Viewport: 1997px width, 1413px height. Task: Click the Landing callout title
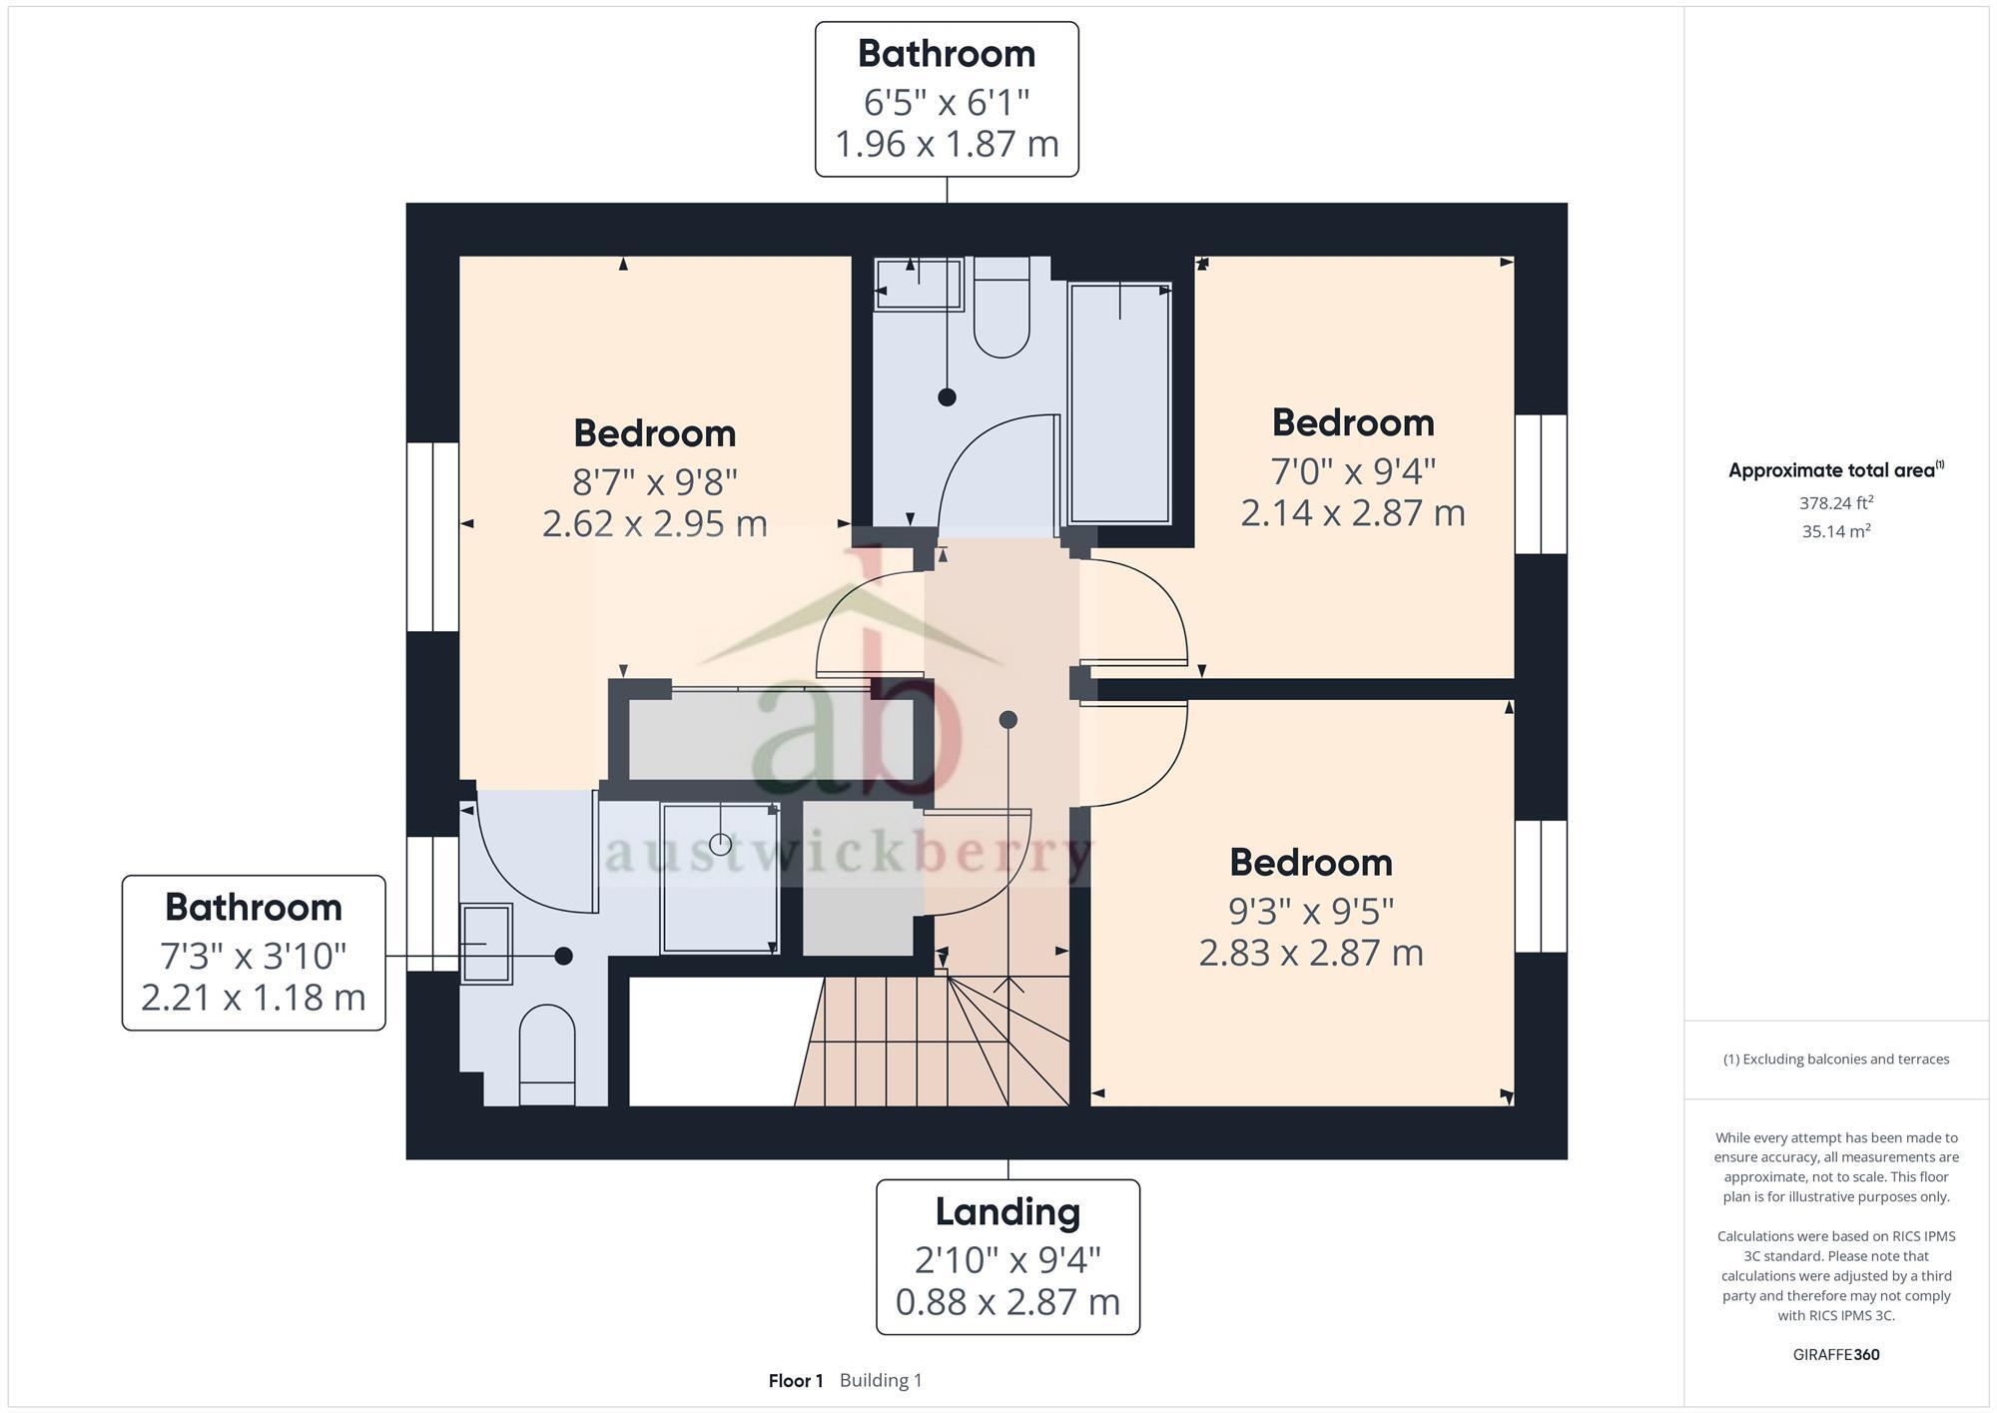(1007, 1212)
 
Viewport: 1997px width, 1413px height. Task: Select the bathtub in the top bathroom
(1119, 403)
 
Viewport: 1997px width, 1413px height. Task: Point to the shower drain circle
(720, 845)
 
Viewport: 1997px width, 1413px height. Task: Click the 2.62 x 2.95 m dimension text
(655, 524)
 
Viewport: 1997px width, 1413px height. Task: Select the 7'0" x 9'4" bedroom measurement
(1353, 470)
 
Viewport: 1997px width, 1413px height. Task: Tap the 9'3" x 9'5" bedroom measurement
(1310, 911)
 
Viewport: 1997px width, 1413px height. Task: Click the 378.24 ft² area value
(1835, 503)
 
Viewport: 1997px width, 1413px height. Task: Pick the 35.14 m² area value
(1835, 531)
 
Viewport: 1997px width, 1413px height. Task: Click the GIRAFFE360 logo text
(1835, 1355)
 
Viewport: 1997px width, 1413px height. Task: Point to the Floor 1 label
(795, 1381)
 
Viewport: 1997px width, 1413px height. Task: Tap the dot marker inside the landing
(1007, 720)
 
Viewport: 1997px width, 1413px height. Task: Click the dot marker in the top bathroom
(947, 397)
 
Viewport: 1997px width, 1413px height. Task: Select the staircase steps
(899, 1044)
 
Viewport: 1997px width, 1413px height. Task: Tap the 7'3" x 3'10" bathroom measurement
(254, 957)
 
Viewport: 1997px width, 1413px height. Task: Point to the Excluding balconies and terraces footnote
(1835, 1060)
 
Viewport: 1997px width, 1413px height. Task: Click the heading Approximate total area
(1833, 471)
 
